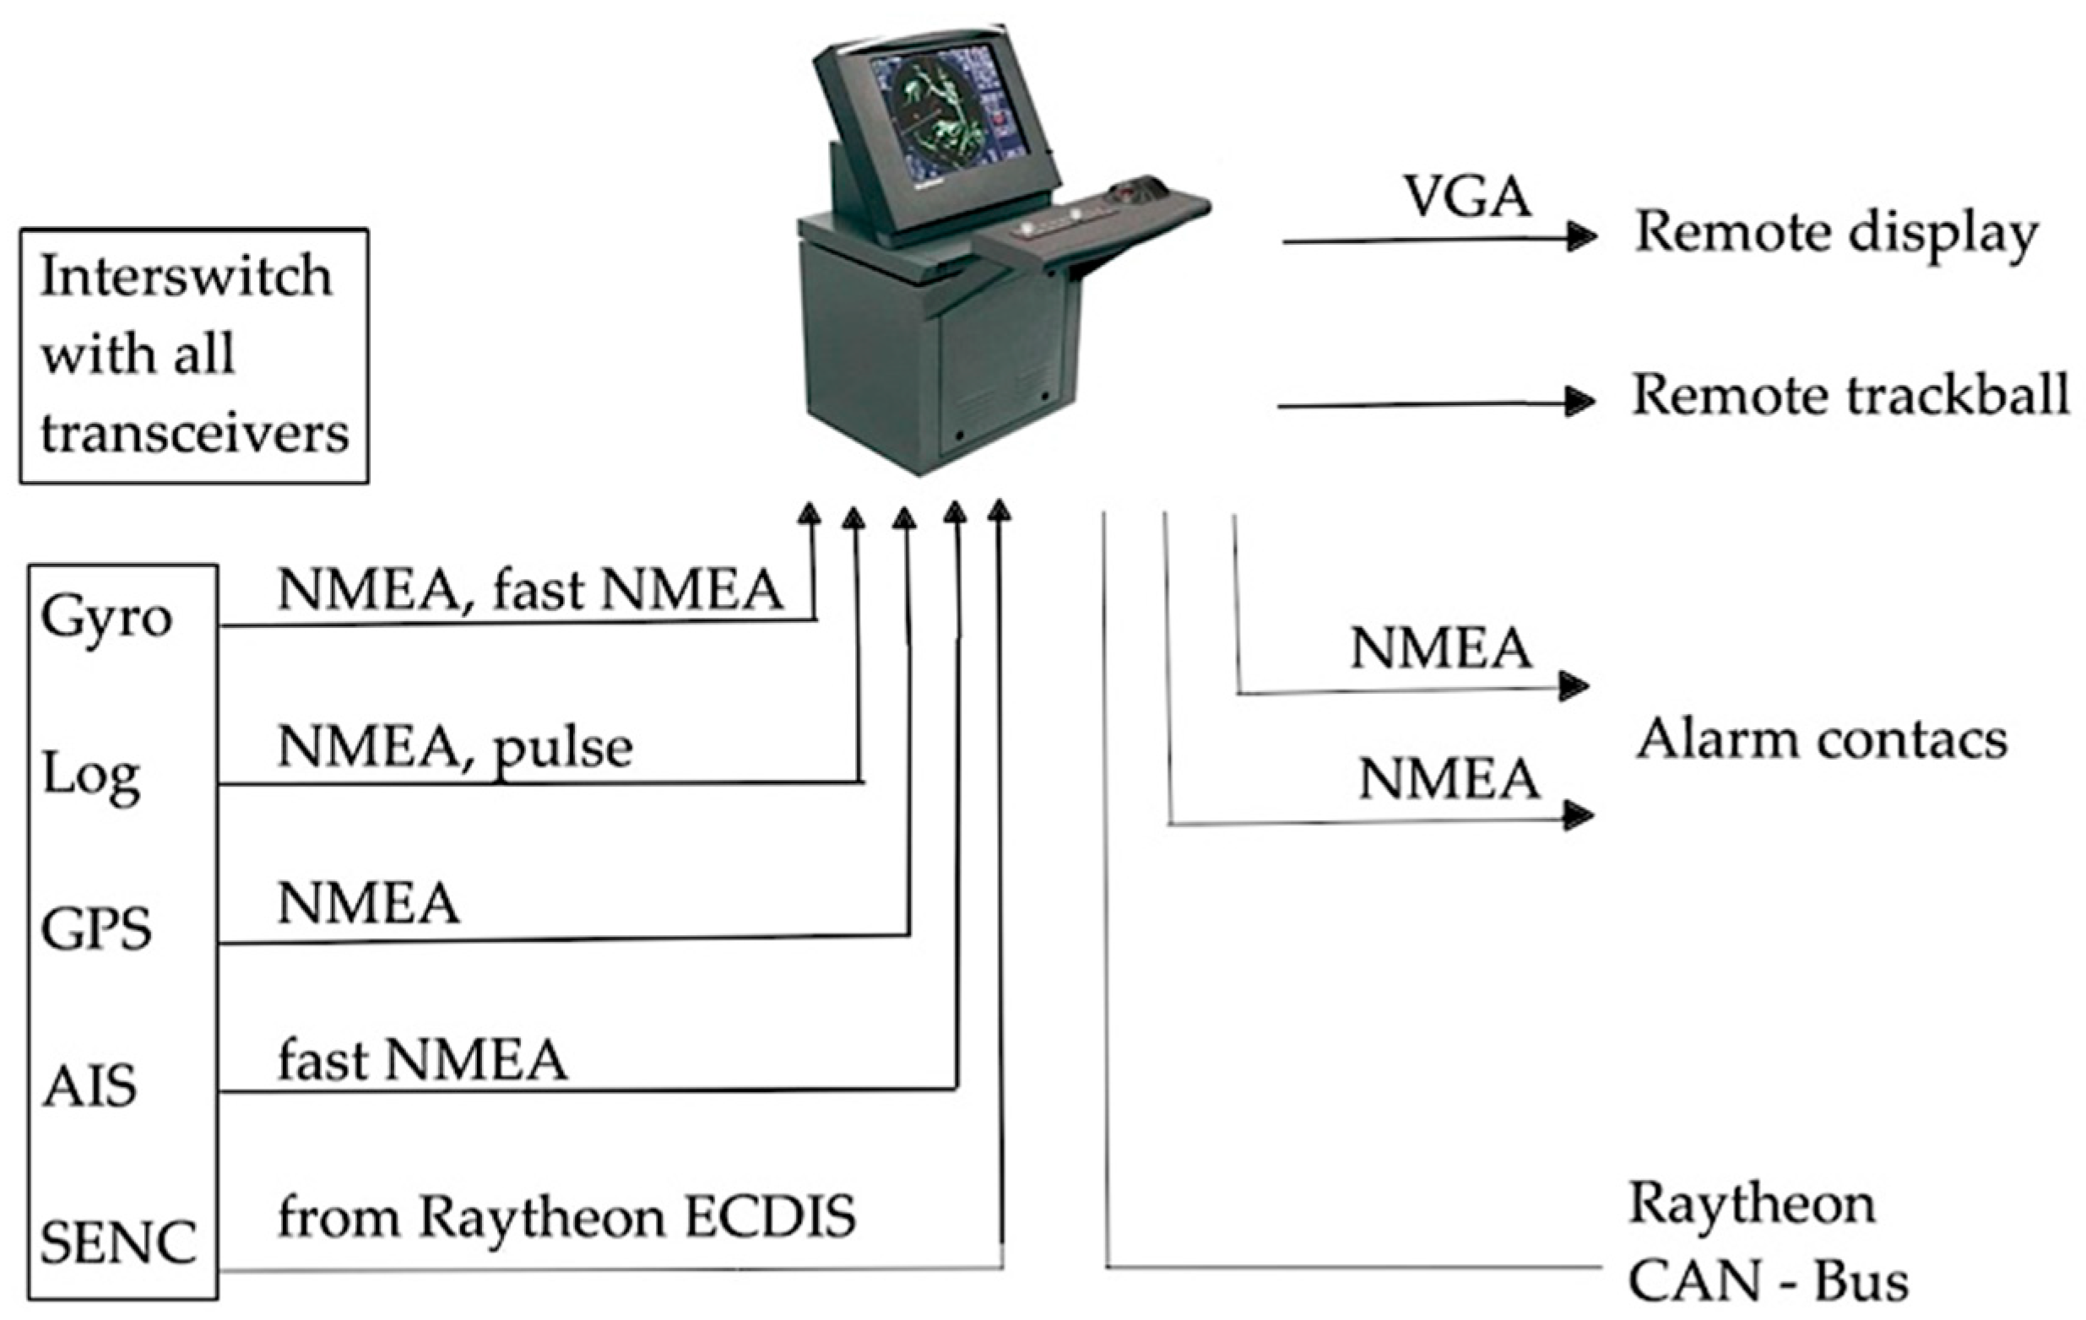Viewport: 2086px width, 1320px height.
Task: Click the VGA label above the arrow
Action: [x=1466, y=197]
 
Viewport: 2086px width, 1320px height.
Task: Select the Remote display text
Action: [x=1835, y=235]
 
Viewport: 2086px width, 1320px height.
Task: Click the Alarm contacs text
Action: [x=1821, y=740]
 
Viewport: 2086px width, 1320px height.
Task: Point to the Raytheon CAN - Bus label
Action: [x=1767, y=1242]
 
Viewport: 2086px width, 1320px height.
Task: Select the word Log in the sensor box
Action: [x=91, y=775]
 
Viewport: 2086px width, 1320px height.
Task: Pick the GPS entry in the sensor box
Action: [x=96, y=930]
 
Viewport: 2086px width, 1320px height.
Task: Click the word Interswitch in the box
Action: [x=186, y=277]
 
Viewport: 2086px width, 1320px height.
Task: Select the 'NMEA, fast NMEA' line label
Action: [x=530, y=591]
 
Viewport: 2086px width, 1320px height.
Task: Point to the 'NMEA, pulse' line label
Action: [x=455, y=748]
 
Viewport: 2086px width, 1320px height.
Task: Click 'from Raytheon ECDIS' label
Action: [x=566, y=1217]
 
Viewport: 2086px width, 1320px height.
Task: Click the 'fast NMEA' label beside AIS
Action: [x=422, y=1061]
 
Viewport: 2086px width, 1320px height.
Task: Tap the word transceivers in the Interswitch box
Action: [x=195, y=433]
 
